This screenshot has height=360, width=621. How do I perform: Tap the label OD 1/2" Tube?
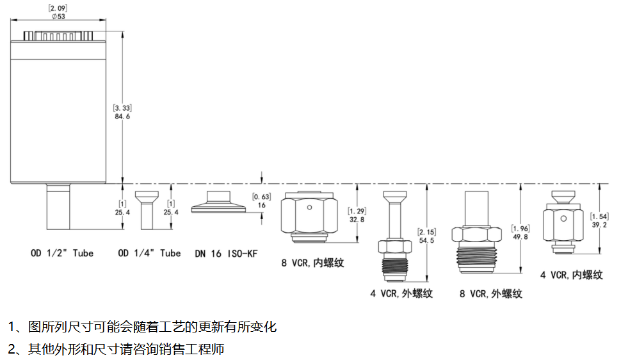click(x=61, y=253)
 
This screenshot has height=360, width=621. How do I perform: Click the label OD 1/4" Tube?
click(x=150, y=253)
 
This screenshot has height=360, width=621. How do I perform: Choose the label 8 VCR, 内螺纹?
click(x=312, y=262)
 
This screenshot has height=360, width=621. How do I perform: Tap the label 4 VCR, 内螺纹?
click(x=572, y=275)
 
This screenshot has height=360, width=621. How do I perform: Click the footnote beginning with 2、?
click(x=116, y=350)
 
